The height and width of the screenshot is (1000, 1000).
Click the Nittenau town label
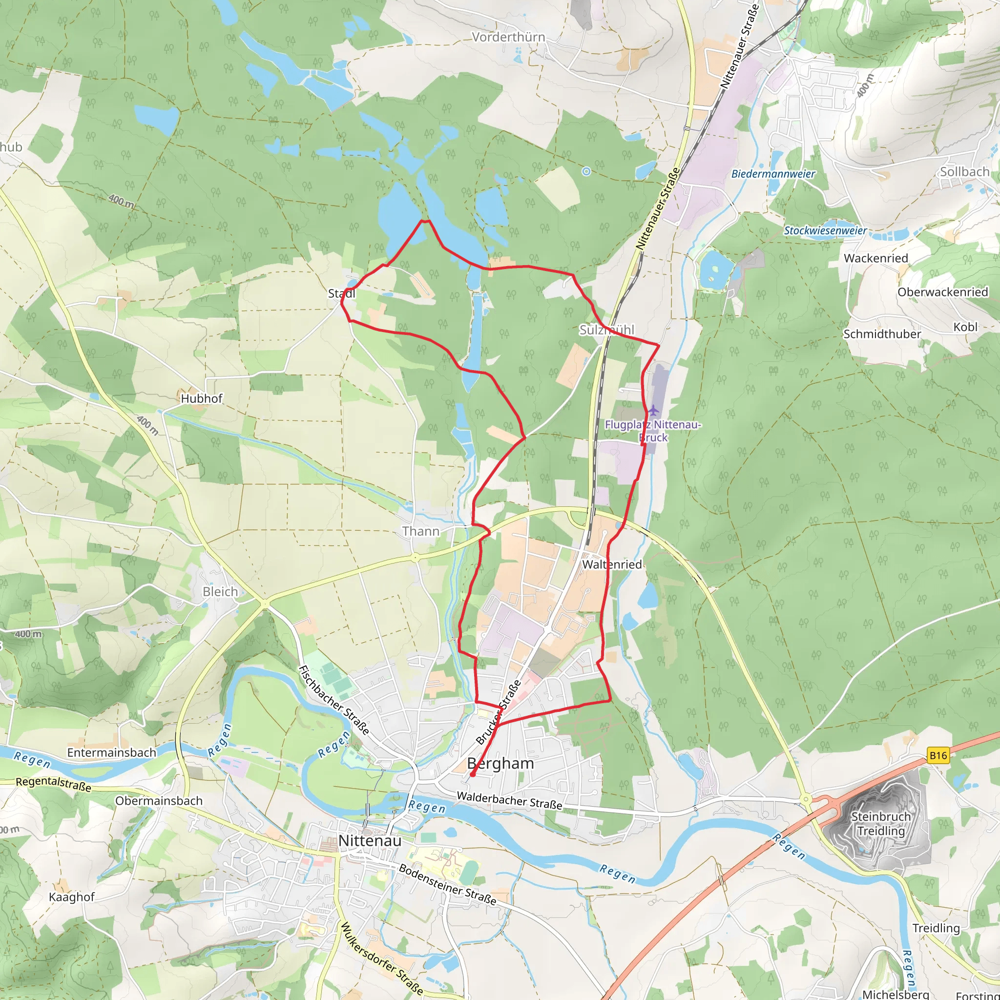pos(370,841)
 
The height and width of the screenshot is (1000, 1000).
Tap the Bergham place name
pos(500,763)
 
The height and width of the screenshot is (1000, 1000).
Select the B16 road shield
pos(938,755)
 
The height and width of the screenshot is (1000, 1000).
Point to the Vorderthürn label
pos(508,37)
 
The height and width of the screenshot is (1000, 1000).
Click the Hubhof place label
pos(201,398)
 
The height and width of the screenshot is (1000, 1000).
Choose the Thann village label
pos(420,531)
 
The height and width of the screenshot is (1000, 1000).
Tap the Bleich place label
pos(220,592)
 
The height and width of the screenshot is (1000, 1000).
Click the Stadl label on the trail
pos(342,293)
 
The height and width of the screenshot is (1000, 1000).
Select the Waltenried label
pos(612,564)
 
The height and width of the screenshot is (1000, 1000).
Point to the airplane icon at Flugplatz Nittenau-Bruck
pos(654,411)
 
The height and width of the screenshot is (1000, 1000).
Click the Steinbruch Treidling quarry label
pos(880,824)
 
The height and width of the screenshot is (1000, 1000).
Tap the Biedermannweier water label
pos(773,174)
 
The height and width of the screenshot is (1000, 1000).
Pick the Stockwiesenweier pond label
pos(825,230)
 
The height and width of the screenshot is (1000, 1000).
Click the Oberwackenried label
pos(942,292)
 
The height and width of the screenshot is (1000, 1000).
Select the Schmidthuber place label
pos(882,334)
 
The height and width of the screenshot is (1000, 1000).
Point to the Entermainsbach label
pos(111,752)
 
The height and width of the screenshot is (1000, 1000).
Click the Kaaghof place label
pos(71,897)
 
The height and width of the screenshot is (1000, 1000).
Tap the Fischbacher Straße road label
pos(334,700)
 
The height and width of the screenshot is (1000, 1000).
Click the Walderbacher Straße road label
pos(509,801)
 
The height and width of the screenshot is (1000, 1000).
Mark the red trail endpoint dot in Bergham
pos(473,775)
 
